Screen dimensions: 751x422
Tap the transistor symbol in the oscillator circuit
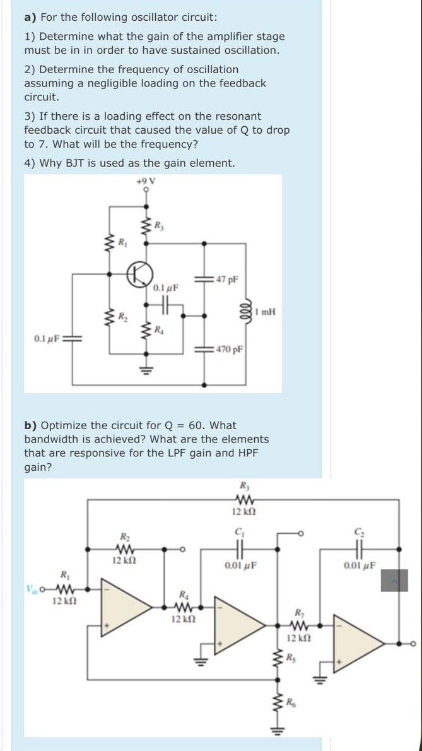tap(140, 274)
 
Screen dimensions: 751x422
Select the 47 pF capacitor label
tap(225, 279)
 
